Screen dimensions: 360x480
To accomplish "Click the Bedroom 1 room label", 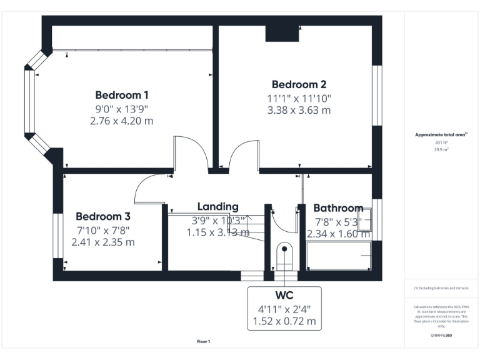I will (x=121, y=95).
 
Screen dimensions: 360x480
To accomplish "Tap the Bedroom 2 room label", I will (x=299, y=84).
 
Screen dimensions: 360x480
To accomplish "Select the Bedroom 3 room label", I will (x=103, y=216).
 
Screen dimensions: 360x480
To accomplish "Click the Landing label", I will (x=217, y=206).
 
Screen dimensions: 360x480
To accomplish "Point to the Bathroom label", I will (x=337, y=208).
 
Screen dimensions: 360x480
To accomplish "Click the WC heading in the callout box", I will (x=284, y=294).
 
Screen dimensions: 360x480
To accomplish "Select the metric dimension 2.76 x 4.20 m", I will (x=121, y=121).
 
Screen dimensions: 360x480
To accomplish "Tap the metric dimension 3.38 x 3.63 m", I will (x=299, y=110).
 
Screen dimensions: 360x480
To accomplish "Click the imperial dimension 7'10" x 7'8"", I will (x=103, y=230).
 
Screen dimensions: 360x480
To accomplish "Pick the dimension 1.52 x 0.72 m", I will (x=284, y=322).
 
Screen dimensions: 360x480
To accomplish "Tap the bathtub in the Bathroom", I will (x=339, y=256).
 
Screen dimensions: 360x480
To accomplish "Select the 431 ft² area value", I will (x=442, y=142).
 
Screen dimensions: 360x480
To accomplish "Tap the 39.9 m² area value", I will (x=442, y=150).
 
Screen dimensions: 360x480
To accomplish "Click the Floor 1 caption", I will (x=204, y=341).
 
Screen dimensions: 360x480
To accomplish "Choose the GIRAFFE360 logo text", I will (x=441, y=336).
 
